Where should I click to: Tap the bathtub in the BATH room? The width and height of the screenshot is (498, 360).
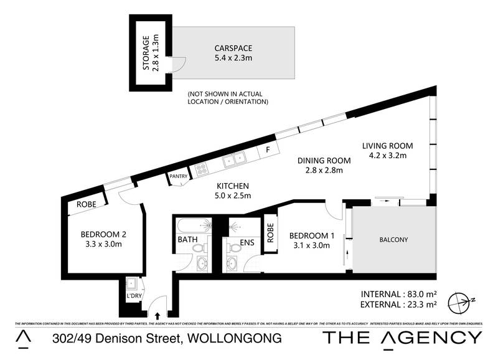click(x=195, y=225)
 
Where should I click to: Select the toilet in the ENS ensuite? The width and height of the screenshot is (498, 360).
click(x=233, y=249)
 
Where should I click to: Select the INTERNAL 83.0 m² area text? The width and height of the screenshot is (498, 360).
click(x=399, y=294)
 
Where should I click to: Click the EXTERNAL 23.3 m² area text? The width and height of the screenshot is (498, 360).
click(x=399, y=305)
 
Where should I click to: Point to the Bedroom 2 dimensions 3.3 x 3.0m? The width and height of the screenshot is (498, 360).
click(x=103, y=244)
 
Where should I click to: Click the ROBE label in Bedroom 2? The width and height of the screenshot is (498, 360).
click(x=87, y=204)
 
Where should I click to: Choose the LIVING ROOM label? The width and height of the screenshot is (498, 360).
click(x=388, y=146)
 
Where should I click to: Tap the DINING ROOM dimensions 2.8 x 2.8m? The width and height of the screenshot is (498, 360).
click(x=323, y=169)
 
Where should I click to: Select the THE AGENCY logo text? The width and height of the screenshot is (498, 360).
click(x=402, y=338)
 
